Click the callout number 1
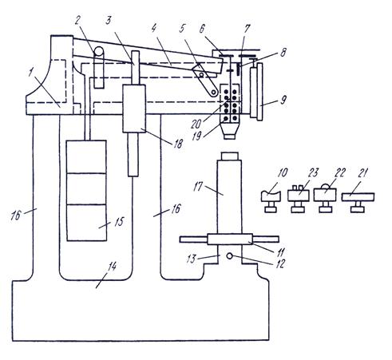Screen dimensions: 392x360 (31, 72)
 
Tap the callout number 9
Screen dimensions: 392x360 (283, 100)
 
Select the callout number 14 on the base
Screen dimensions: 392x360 (112, 267)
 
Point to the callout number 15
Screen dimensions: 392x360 (120, 222)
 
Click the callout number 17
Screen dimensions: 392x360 (198, 187)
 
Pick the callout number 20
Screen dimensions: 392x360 (196, 124)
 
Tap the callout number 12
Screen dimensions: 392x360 (280, 263)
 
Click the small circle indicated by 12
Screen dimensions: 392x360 (230, 256)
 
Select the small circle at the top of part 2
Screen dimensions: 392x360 (99, 51)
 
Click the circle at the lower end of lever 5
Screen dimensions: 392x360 (213, 93)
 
